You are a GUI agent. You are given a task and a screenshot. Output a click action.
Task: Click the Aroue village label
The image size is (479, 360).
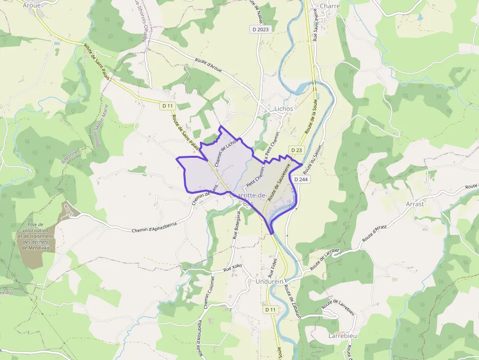pos(32,4)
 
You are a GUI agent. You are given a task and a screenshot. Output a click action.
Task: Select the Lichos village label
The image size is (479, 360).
pos(283,108)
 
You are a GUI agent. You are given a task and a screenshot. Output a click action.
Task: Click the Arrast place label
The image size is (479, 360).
pos(414,204)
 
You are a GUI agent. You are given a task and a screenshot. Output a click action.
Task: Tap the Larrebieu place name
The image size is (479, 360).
pos(343,337)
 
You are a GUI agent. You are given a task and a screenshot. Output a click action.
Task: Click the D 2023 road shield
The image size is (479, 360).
pos(261,29)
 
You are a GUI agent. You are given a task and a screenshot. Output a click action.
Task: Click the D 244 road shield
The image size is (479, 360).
pos(303,179)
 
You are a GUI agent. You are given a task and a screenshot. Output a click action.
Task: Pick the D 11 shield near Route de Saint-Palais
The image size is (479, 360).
pos(168,106)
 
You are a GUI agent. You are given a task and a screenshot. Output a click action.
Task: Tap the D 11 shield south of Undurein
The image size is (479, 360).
pos(270,310)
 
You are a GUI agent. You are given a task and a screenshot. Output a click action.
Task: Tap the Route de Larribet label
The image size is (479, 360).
pos(325,258)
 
